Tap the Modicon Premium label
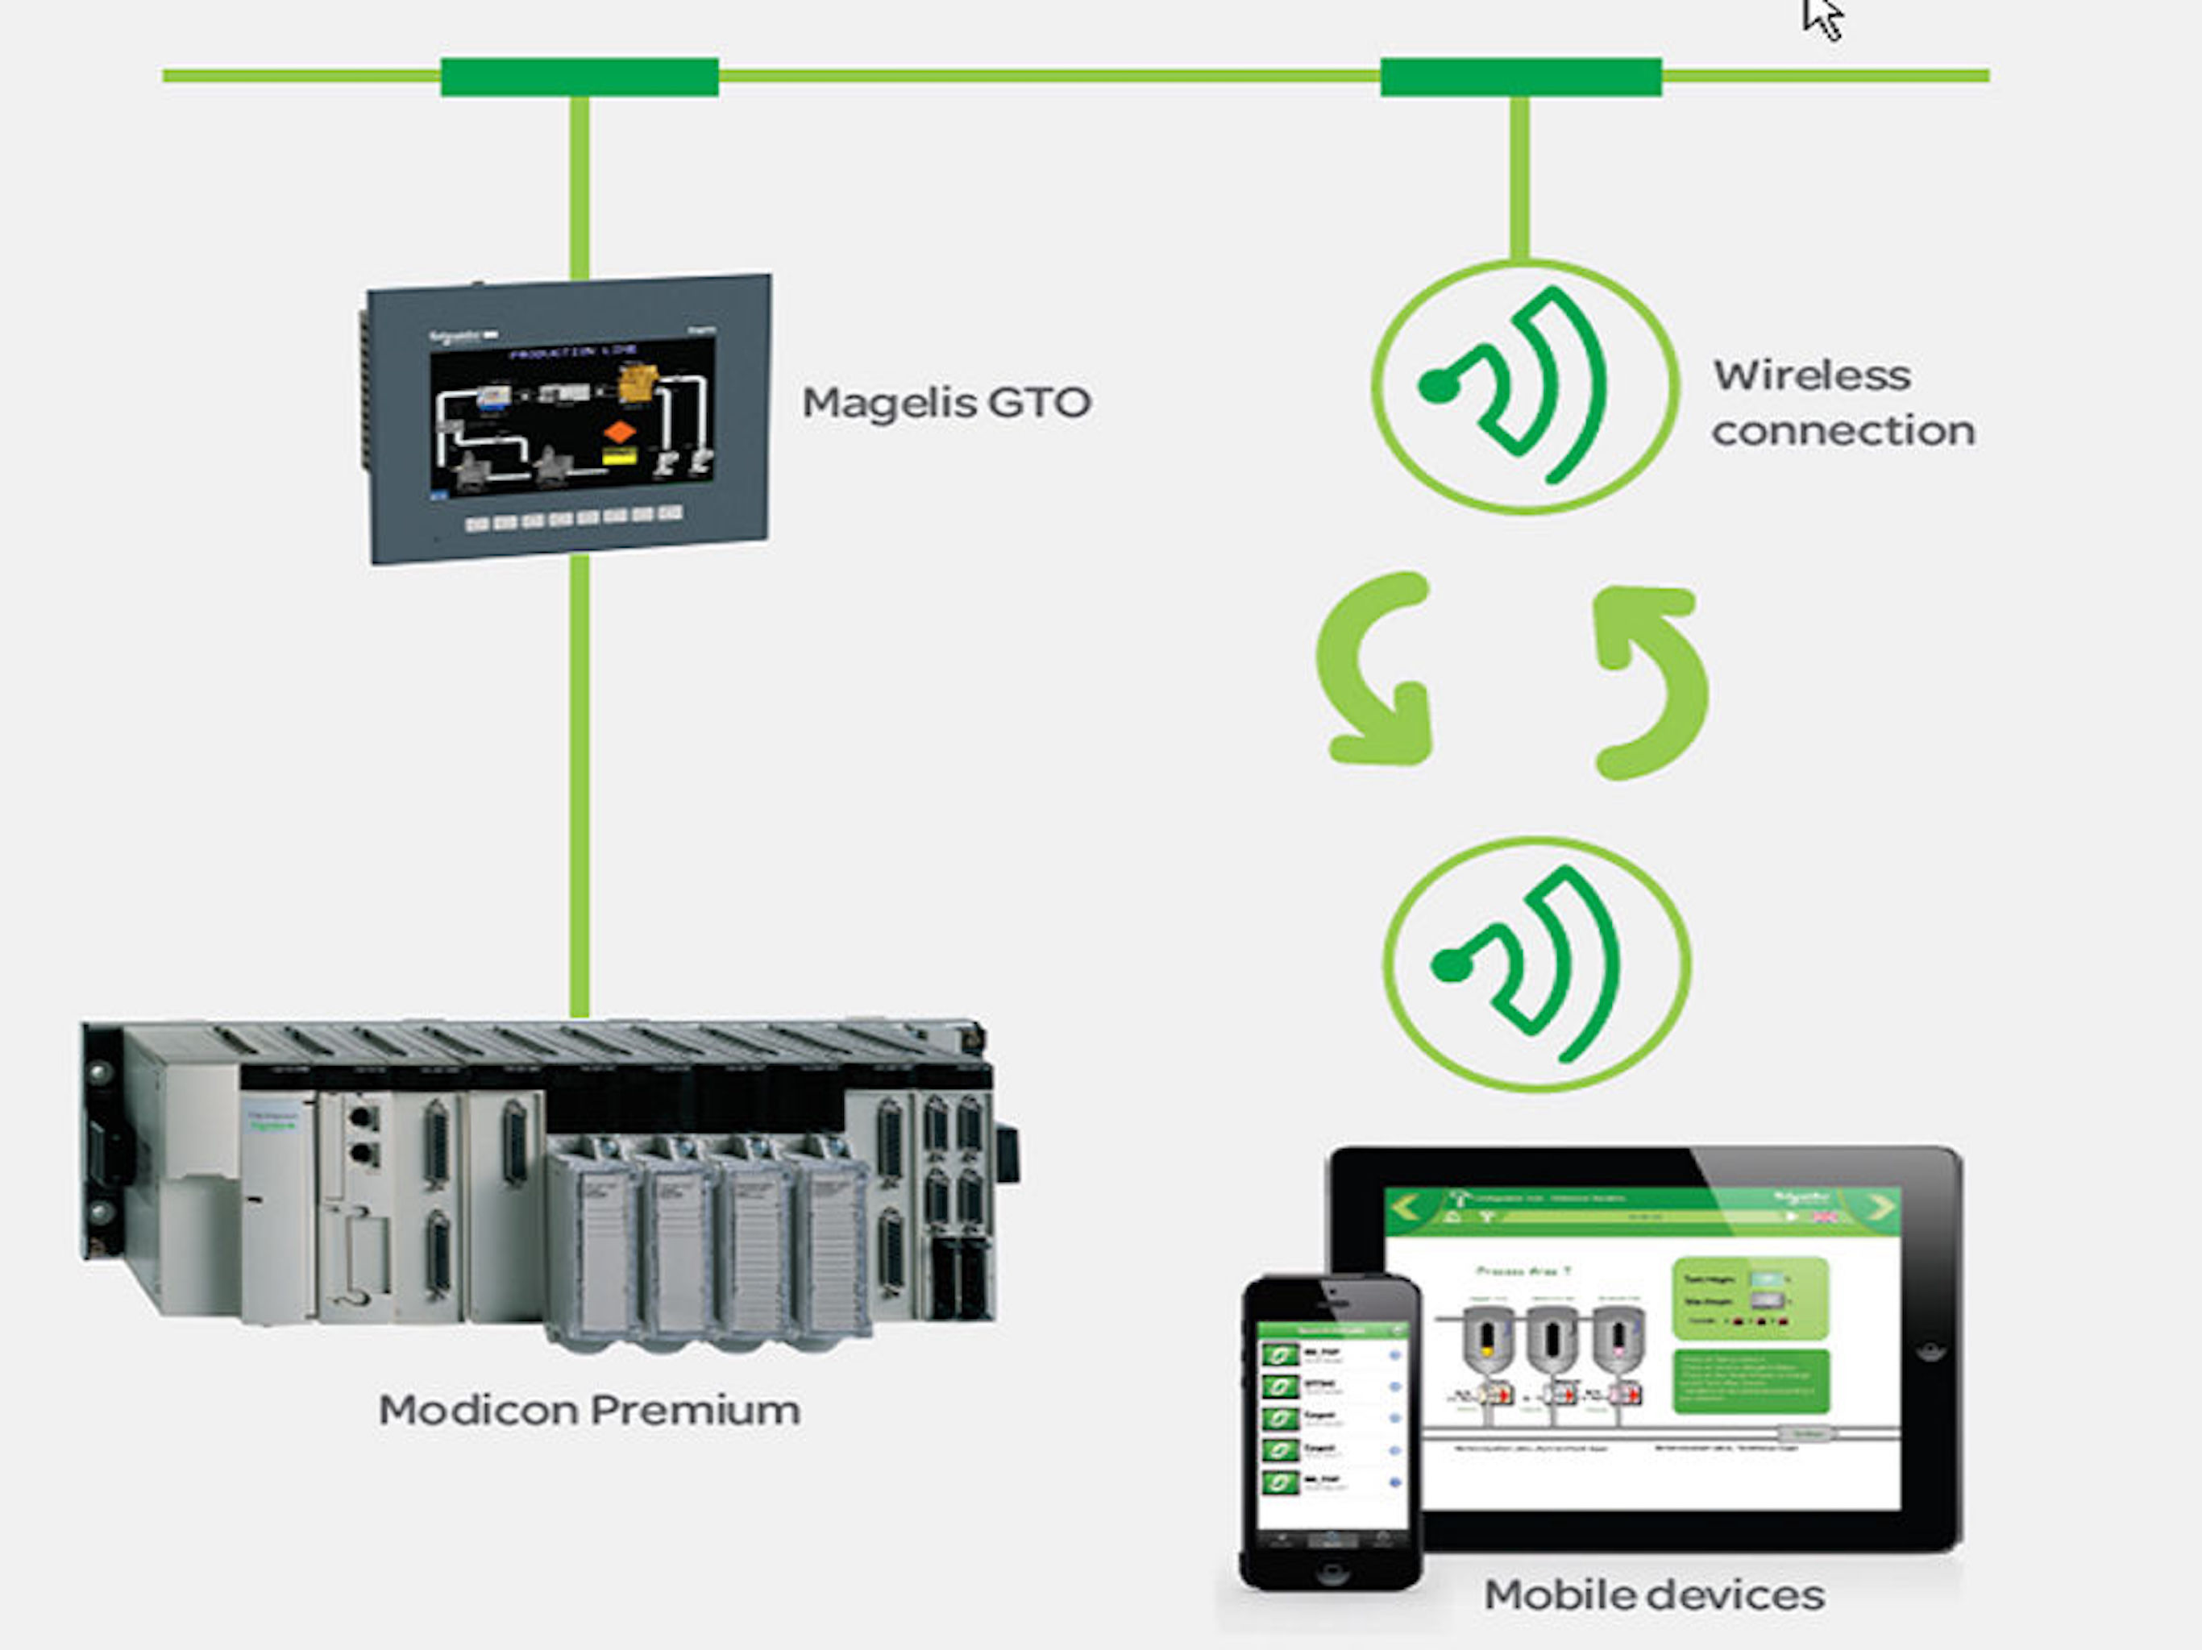[x=589, y=1410]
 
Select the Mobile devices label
[x=1653, y=1595]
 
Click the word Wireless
[x=1812, y=376]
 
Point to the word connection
[x=1843, y=431]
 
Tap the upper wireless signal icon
[x=1525, y=386]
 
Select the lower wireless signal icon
[x=1537, y=964]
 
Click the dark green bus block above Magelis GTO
[x=580, y=77]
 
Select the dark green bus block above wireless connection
[x=1520, y=77]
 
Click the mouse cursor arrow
[x=1822, y=18]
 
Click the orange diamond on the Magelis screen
[x=619, y=432]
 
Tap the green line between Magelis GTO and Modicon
[x=580, y=786]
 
